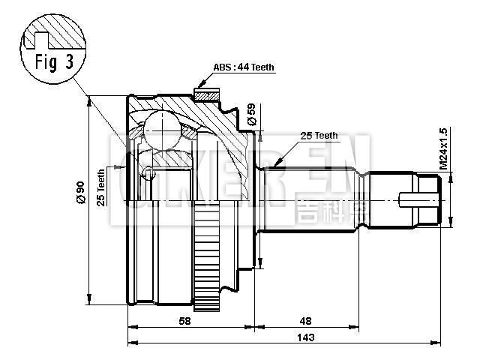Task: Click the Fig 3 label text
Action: pyautogui.click(x=54, y=62)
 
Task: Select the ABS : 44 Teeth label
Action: pyautogui.click(x=244, y=67)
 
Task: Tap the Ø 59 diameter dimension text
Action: pyautogui.click(x=251, y=114)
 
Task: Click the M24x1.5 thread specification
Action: pyautogui.click(x=444, y=148)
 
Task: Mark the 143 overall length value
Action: pyautogui.click(x=305, y=337)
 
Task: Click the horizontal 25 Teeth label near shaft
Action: pyautogui.click(x=319, y=136)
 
